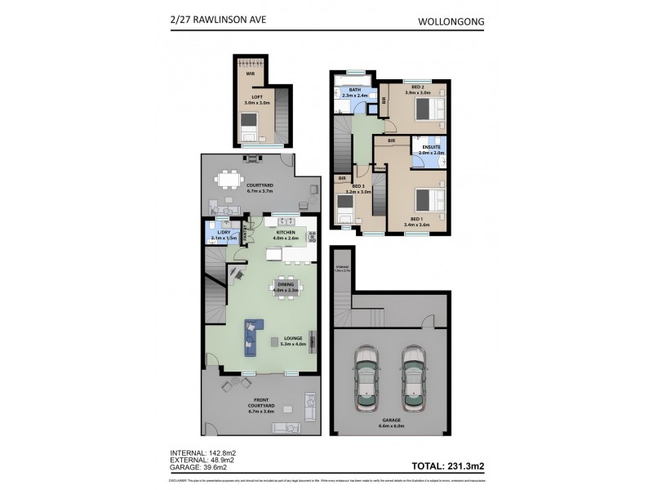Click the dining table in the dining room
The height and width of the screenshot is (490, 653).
287,287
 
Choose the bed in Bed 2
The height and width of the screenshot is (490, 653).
429,107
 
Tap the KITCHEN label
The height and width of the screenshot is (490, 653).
286,233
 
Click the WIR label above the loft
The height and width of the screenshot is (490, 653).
251,74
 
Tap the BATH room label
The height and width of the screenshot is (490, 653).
354,90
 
